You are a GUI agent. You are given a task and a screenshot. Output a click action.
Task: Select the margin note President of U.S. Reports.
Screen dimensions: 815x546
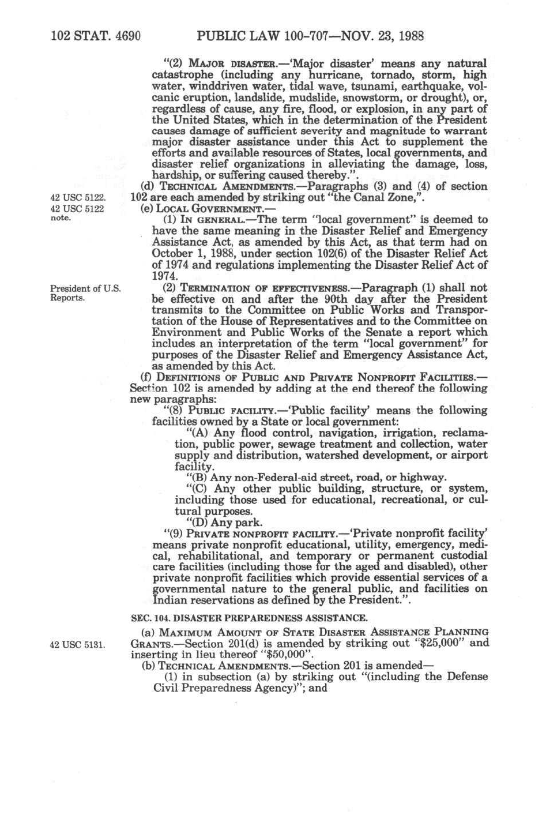[85, 293]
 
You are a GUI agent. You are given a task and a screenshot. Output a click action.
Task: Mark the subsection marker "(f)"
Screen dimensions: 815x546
[147, 377]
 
